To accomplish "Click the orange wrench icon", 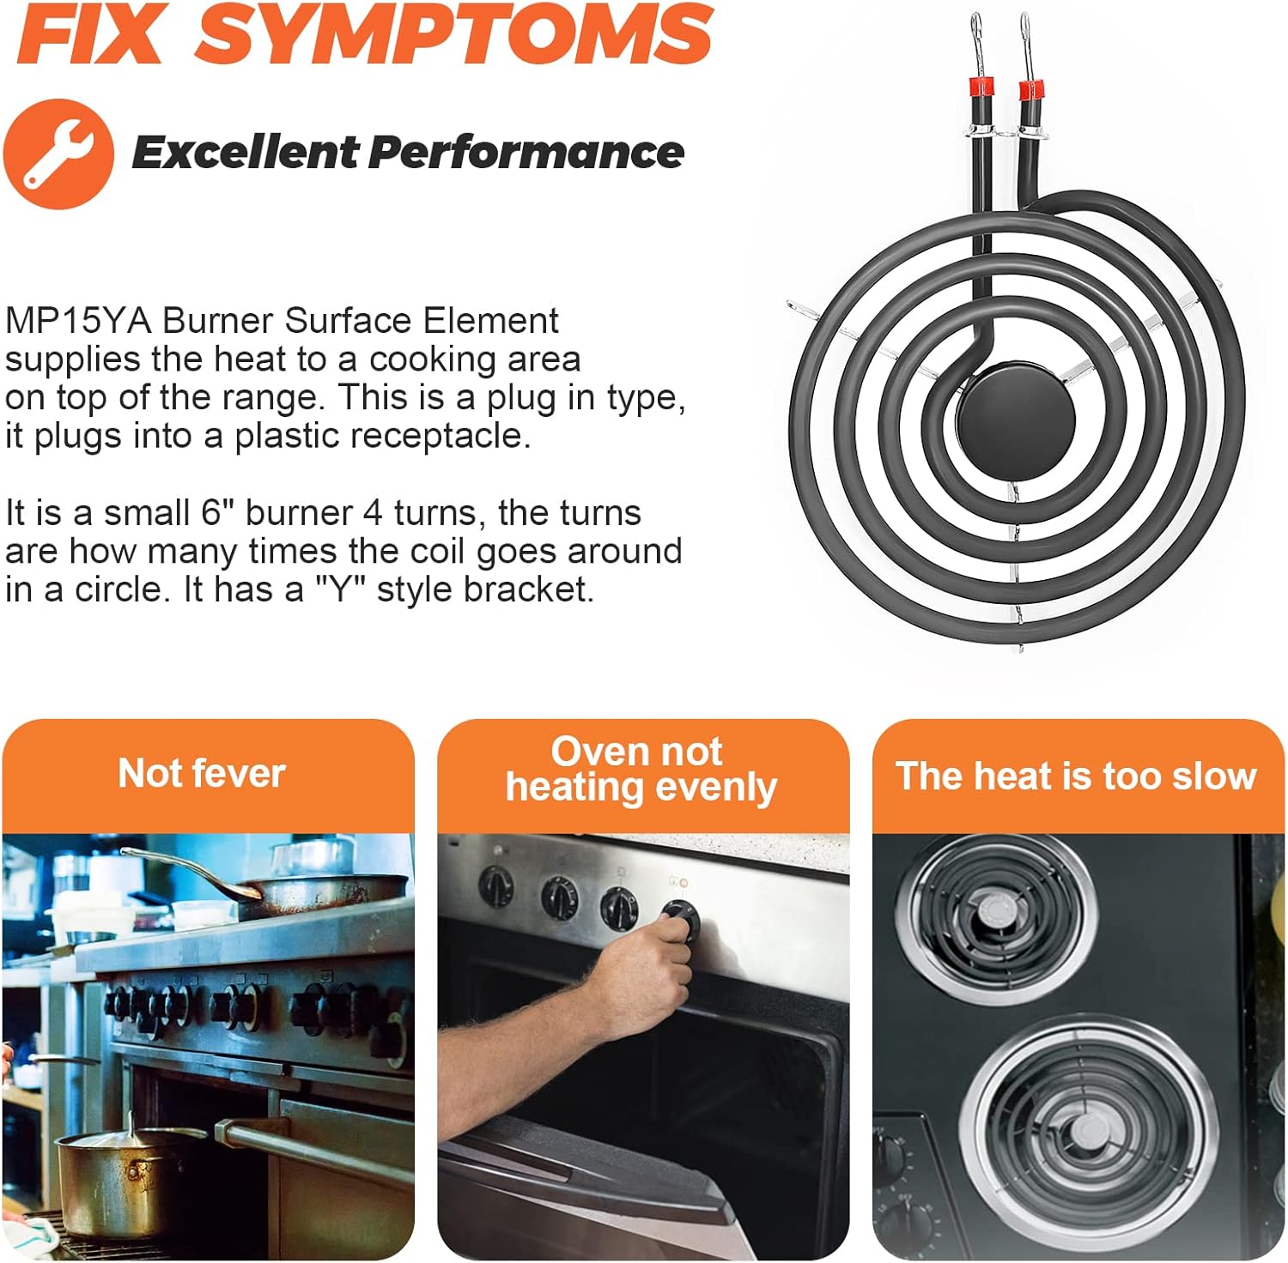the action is coord(58,154).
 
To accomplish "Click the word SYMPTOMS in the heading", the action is coord(454,34).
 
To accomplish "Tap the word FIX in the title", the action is coord(89,34).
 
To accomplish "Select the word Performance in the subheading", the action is coord(526,153).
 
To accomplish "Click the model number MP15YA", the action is coord(78,321).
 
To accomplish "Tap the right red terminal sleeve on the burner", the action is coord(1030,89).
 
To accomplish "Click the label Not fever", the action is coord(202,773).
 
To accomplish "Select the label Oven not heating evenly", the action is coord(641,770).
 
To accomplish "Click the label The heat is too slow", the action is coord(1076,776).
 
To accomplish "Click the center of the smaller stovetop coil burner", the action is coord(995,913).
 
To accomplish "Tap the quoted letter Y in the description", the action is coord(342,589).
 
